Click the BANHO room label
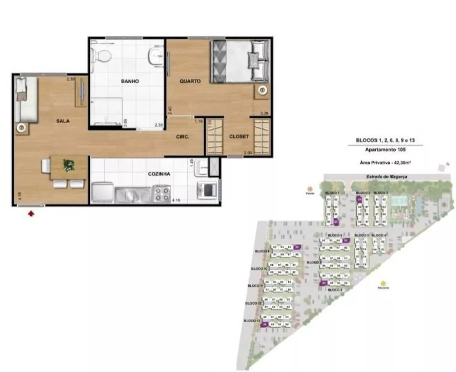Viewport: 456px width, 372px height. click(x=130, y=82)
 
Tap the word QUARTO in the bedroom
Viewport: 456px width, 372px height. click(x=190, y=81)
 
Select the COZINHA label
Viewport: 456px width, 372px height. click(x=159, y=174)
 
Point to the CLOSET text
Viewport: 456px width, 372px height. click(x=239, y=136)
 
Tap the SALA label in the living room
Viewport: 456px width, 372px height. click(x=63, y=121)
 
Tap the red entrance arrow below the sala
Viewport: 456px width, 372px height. click(x=31, y=213)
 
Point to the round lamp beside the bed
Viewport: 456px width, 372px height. click(x=262, y=91)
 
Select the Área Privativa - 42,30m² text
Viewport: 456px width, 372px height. click(x=385, y=162)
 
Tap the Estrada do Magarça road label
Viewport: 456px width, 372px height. click(x=376, y=177)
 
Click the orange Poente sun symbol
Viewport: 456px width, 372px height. click(x=311, y=189)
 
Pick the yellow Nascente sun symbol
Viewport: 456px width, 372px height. click(x=383, y=283)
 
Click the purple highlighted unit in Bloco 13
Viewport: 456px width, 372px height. click(x=264, y=325)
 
